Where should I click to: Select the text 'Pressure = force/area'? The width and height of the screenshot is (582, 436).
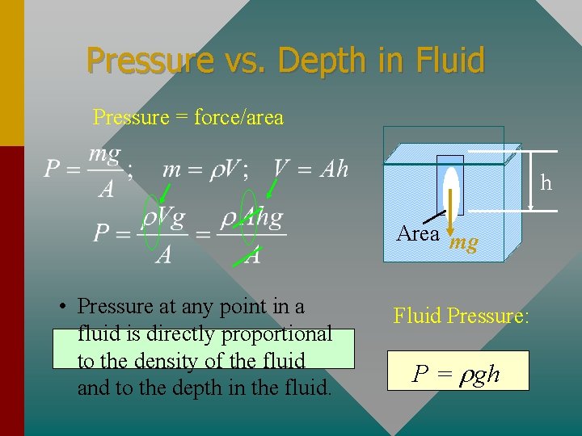coord(188,118)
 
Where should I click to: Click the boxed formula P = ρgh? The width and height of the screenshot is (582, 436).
coord(458,374)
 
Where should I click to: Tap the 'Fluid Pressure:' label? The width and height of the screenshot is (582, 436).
coord(461,316)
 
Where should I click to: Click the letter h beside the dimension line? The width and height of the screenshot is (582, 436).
coord(546,183)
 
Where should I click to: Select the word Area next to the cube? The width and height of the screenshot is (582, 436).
coord(418,234)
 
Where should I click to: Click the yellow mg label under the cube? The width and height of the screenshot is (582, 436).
coord(463,242)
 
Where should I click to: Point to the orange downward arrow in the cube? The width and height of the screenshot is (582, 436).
coord(449,210)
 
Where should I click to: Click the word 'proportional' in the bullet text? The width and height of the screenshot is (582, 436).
coord(275,333)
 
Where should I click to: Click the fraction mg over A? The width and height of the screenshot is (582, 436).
coord(105,170)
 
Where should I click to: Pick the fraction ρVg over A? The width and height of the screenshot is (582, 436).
coord(163,235)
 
